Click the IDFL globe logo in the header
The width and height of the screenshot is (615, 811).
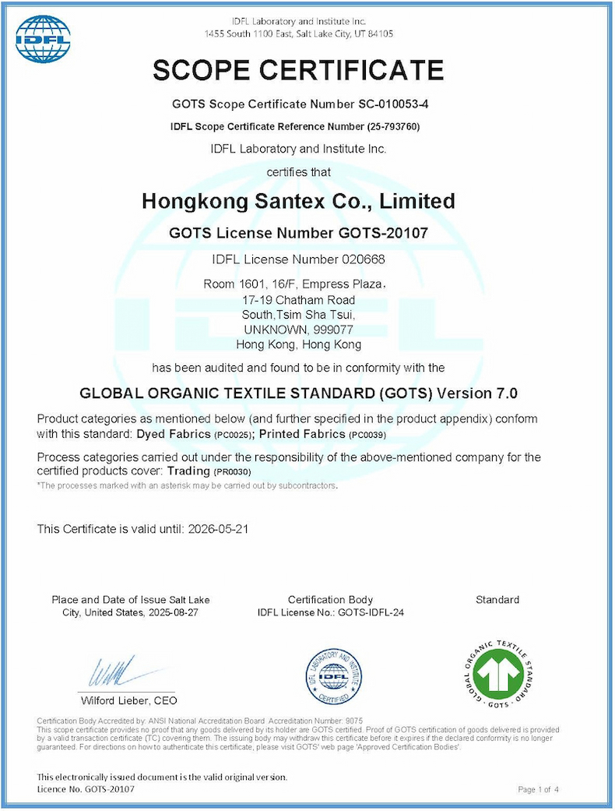pyautogui.click(x=43, y=39)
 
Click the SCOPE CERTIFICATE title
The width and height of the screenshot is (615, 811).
pyautogui.click(x=298, y=70)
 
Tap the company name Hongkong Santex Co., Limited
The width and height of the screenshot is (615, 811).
pyautogui.click(x=298, y=201)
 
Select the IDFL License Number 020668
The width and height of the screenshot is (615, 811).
pyautogui.click(x=359, y=259)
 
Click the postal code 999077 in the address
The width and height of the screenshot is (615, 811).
pyautogui.click(x=339, y=330)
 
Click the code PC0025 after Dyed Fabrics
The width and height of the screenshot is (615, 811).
pyautogui.click(x=234, y=434)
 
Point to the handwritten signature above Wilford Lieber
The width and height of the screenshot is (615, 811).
pyautogui.click(x=117, y=672)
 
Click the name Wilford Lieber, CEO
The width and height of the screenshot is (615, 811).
pyautogui.click(x=128, y=700)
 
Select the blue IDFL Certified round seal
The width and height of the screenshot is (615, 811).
pyautogui.click(x=332, y=675)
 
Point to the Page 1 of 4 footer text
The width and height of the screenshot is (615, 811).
pyautogui.click(x=539, y=790)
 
